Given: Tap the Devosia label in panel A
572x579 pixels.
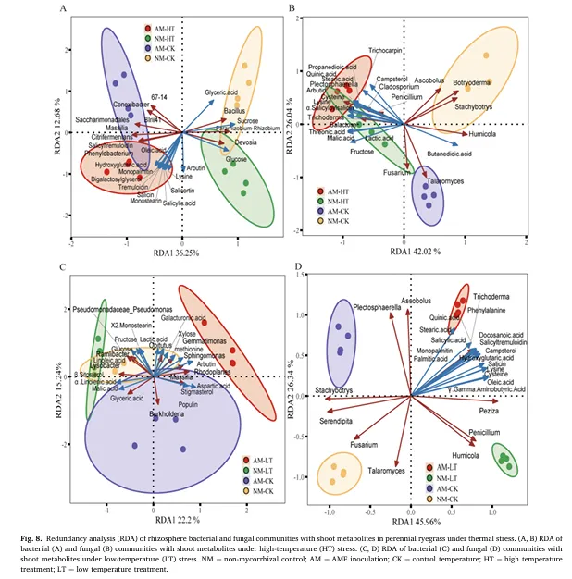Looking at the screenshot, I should coord(245,142).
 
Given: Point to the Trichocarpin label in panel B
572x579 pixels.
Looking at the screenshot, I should coord(389,49).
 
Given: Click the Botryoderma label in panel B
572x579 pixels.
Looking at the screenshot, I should coord(474,83).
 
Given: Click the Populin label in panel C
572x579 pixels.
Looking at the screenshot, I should coord(189,404).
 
